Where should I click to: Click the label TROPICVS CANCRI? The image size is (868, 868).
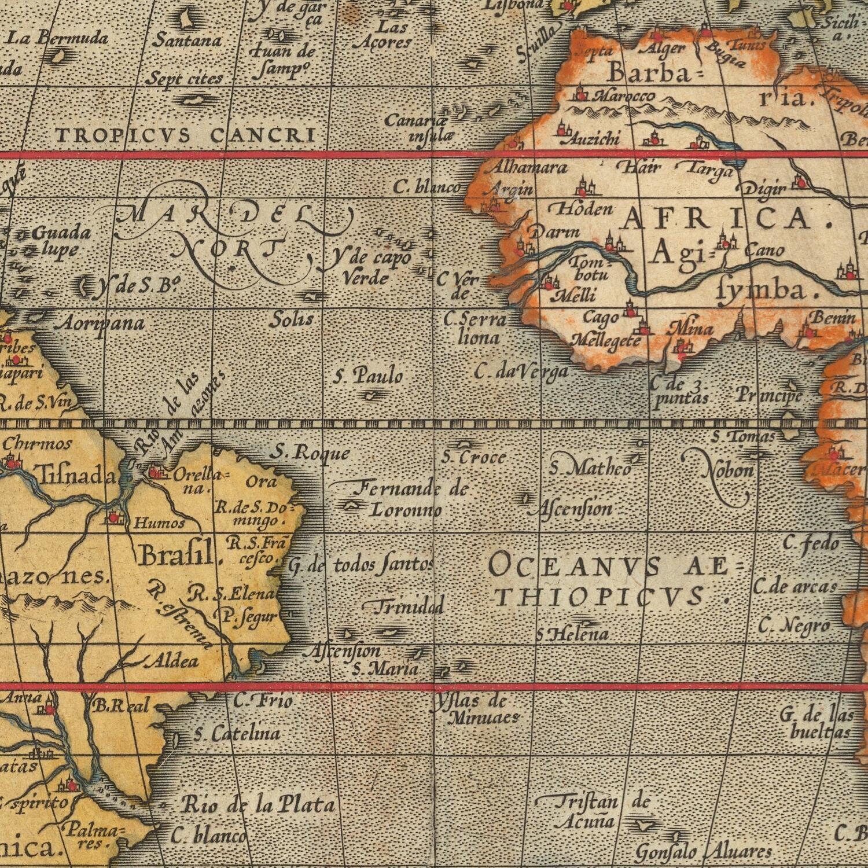[x=186, y=135]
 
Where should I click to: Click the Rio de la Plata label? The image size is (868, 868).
[x=258, y=805]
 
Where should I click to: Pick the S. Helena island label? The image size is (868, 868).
[x=573, y=635]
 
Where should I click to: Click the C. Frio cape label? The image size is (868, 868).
[x=263, y=701]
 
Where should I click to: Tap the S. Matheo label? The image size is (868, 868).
[x=591, y=468]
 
